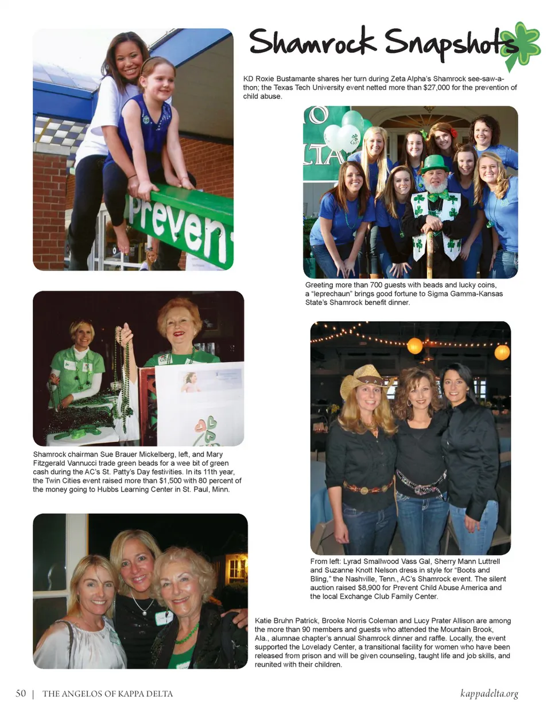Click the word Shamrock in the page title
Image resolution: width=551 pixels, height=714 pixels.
(312, 42)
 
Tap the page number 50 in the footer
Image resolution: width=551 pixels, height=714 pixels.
(21, 693)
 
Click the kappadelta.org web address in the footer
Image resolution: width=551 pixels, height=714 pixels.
(489, 693)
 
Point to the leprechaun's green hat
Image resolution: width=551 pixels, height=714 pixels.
(434, 163)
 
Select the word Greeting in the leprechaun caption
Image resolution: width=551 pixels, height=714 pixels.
(319, 285)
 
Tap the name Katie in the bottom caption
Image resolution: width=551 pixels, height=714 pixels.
(264, 621)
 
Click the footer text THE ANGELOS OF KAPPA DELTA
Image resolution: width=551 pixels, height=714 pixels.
(107, 694)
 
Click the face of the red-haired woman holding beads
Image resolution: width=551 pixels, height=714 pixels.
(177, 324)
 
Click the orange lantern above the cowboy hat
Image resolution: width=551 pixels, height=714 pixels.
(414, 346)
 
